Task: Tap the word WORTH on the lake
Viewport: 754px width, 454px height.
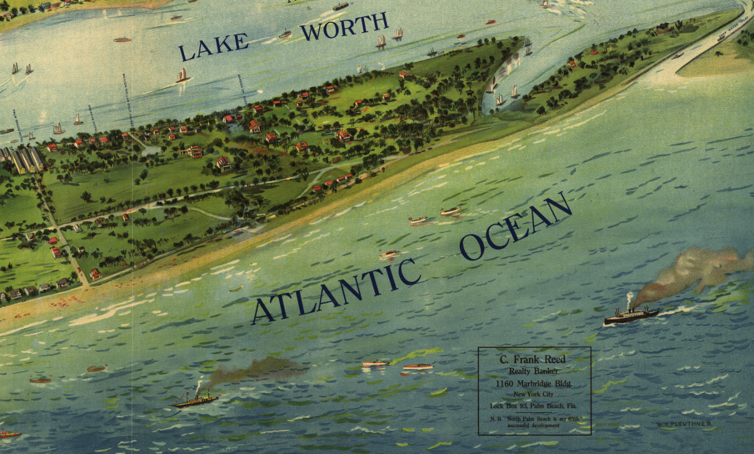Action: pos(344,26)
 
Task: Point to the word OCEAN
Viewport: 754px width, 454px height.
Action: pos(515,226)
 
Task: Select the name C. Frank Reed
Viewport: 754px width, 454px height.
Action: pos(532,359)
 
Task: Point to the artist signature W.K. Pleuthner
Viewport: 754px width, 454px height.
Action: pos(683,425)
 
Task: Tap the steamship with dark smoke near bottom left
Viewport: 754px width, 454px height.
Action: pos(195,400)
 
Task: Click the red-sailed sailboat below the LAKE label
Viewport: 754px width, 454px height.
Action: pos(182,77)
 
